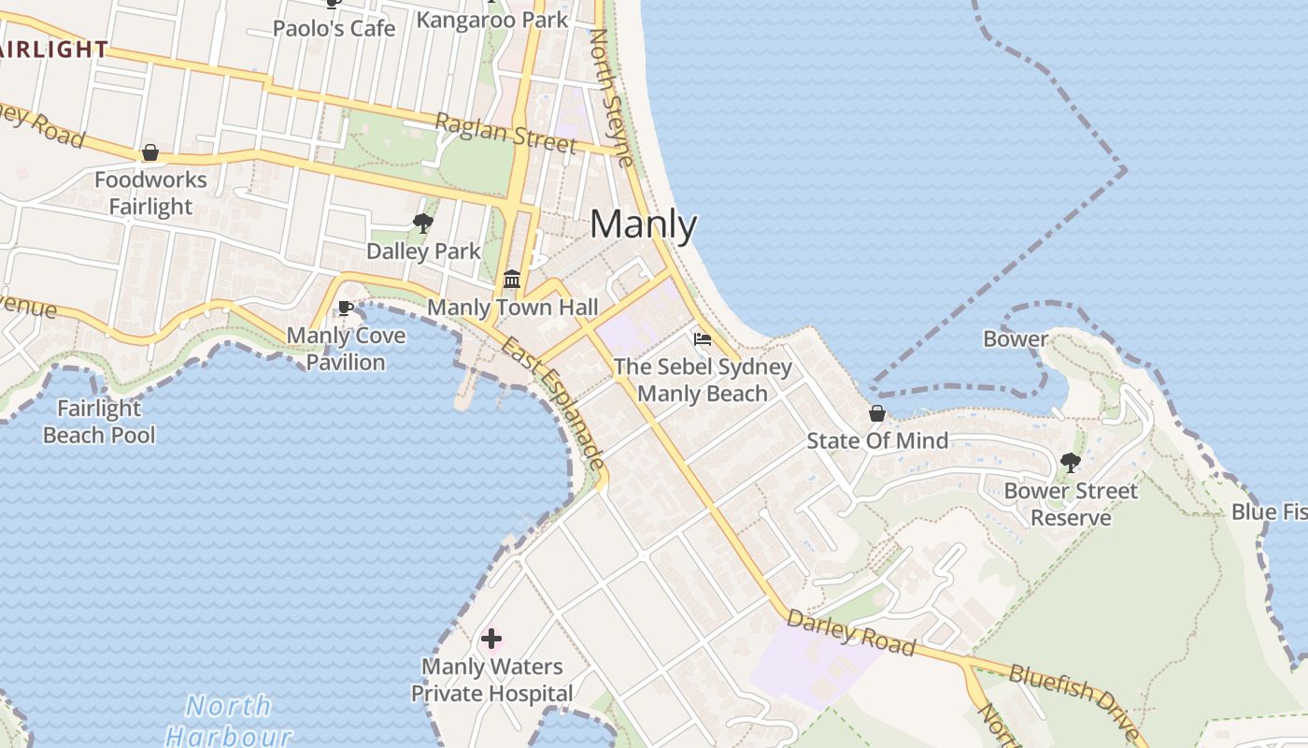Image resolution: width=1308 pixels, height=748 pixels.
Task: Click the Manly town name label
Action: point(643,224)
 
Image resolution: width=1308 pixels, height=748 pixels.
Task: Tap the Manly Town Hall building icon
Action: point(512,280)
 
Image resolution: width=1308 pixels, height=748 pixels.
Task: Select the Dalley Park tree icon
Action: point(423,223)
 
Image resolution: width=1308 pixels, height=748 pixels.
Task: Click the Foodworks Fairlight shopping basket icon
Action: point(149,152)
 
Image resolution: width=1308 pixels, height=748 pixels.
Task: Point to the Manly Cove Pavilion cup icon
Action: point(346,308)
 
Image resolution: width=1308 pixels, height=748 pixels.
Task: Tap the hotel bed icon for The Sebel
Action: point(703,338)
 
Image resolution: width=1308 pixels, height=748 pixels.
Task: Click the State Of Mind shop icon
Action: point(877,413)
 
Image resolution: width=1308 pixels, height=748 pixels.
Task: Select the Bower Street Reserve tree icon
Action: point(1071,463)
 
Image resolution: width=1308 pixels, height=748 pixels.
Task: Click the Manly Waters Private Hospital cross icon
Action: point(491,640)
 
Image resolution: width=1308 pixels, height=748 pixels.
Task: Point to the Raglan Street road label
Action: point(505,133)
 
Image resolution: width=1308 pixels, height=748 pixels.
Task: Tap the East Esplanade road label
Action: point(553,403)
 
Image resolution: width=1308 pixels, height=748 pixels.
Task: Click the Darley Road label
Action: point(850,633)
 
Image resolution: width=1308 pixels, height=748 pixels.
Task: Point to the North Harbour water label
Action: point(229,720)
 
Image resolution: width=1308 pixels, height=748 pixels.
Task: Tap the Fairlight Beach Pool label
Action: point(99,422)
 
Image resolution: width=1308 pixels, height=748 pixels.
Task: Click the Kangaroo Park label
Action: point(491,19)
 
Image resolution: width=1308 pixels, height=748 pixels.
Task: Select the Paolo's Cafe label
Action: point(334,28)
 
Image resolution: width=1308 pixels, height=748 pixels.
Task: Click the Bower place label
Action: point(1016,339)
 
